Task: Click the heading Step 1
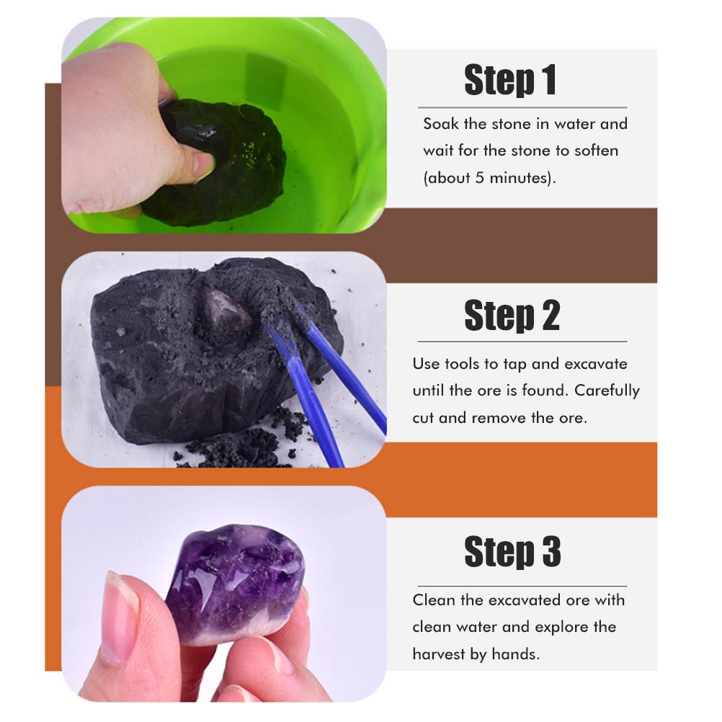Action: pos(510,80)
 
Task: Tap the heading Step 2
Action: pos(512,316)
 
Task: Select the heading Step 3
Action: pos(512,551)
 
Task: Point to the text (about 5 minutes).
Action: pos(489,178)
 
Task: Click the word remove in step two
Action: pos(499,418)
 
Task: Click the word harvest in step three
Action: pos(439,654)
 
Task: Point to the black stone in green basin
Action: pos(216,161)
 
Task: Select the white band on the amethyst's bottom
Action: pos(239,630)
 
